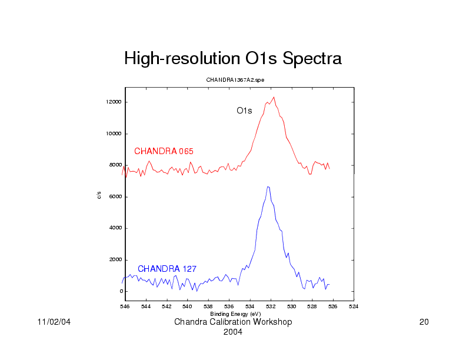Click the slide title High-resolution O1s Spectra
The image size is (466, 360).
click(232, 59)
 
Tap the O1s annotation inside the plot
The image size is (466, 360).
click(244, 111)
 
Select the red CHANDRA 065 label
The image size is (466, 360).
click(164, 151)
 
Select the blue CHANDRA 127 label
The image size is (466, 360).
click(167, 269)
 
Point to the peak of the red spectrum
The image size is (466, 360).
click(274, 98)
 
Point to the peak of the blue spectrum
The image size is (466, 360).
click(268, 187)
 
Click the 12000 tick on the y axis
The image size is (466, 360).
click(114, 102)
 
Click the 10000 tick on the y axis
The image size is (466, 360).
click(114, 134)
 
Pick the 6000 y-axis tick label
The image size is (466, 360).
click(115, 197)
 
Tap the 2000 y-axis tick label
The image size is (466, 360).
click(115, 260)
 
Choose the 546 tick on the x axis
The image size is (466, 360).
click(125, 306)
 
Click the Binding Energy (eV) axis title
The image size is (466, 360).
click(235, 314)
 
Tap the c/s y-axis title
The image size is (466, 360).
click(99, 195)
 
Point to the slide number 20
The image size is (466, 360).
click(423, 322)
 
